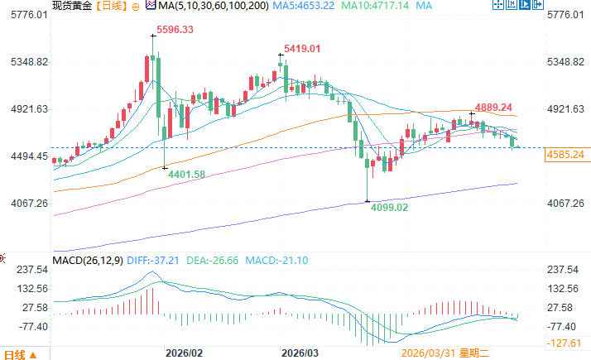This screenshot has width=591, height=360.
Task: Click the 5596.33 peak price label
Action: point(171,30)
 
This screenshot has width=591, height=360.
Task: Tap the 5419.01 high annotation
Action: point(302,50)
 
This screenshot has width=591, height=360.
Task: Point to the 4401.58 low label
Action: point(186,173)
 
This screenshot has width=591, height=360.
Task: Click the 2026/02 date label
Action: point(185,353)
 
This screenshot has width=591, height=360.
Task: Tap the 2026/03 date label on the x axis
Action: point(300,353)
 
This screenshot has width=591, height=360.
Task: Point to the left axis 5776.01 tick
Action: point(26,16)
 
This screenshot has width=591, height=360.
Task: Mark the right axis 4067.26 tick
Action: point(566,204)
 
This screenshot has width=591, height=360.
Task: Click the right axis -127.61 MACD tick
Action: point(567,343)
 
